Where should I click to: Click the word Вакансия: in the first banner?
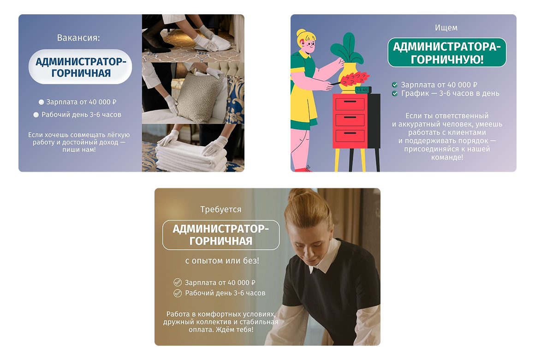point(78,37)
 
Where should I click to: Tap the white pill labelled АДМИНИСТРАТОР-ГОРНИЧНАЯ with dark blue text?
point(80,67)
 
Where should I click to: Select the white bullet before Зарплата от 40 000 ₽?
point(42,102)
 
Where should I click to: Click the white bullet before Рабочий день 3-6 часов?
point(36,115)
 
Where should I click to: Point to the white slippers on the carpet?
point(214,43)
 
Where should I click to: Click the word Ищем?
point(446,28)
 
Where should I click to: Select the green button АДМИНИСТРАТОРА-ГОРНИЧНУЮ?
point(447,53)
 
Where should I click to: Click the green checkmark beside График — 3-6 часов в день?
point(395,94)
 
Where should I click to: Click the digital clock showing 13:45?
point(363,90)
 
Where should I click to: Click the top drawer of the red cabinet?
point(350,104)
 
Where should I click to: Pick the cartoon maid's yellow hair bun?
point(301,33)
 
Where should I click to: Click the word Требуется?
point(221,210)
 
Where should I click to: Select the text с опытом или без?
point(222,261)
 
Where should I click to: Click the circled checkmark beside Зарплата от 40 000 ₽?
point(178,282)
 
